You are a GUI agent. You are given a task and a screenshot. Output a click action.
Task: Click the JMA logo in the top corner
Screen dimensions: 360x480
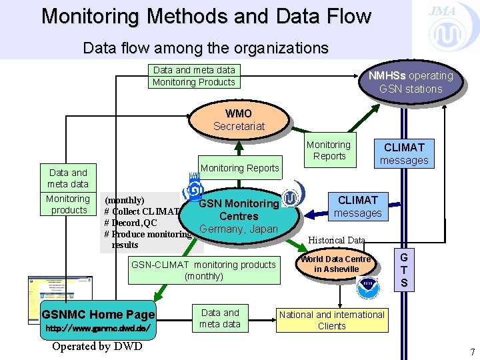point(443,27)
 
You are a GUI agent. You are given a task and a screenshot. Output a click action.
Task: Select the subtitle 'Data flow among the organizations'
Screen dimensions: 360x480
point(205,48)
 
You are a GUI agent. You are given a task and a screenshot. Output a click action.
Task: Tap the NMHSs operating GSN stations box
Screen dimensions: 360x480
point(410,82)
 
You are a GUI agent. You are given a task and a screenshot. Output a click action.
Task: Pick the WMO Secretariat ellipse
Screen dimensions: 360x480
point(239,119)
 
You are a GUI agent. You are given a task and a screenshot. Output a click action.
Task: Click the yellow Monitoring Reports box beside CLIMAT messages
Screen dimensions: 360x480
point(328,150)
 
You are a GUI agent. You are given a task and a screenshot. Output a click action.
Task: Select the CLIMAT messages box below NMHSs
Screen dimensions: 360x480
point(403,153)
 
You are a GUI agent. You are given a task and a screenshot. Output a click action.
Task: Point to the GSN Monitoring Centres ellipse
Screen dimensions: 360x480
point(239,215)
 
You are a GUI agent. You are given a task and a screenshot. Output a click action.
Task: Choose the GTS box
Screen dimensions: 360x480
point(403,270)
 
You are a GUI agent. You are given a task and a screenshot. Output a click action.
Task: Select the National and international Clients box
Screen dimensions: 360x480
point(331,320)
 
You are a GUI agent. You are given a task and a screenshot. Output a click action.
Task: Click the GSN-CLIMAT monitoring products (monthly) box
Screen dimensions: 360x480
point(203,270)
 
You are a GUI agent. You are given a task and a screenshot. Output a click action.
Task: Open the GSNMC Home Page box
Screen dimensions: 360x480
point(98,315)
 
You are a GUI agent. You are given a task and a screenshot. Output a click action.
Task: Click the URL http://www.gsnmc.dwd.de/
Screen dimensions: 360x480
point(98,329)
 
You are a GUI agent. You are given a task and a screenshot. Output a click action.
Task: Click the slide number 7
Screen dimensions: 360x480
point(471,351)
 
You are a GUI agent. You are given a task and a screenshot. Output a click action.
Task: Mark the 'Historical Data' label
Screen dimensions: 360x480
point(337,240)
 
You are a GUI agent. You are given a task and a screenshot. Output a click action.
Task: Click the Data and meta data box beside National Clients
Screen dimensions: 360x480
point(220,318)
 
